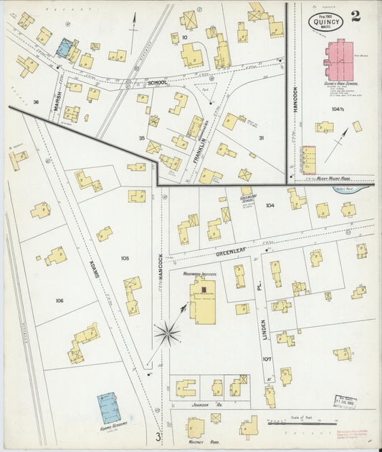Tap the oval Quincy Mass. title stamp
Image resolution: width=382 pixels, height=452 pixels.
[x=326, y=21]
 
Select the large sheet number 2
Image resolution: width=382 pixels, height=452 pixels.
[x=355, y=16]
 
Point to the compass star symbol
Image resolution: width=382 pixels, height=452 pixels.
[x=167, y=333]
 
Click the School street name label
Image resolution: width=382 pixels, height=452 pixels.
[x=157, y=83]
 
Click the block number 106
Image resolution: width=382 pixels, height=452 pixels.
[x=59, y=300]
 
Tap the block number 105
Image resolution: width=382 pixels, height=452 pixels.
[x=125, y=257]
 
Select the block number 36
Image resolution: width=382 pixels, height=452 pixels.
[x=35, y=102]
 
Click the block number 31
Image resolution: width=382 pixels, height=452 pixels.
[x=261, y=137]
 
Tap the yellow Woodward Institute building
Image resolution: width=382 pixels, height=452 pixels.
[x=203, y=300]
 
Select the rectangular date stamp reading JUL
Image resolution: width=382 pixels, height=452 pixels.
[x=345, y=401]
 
